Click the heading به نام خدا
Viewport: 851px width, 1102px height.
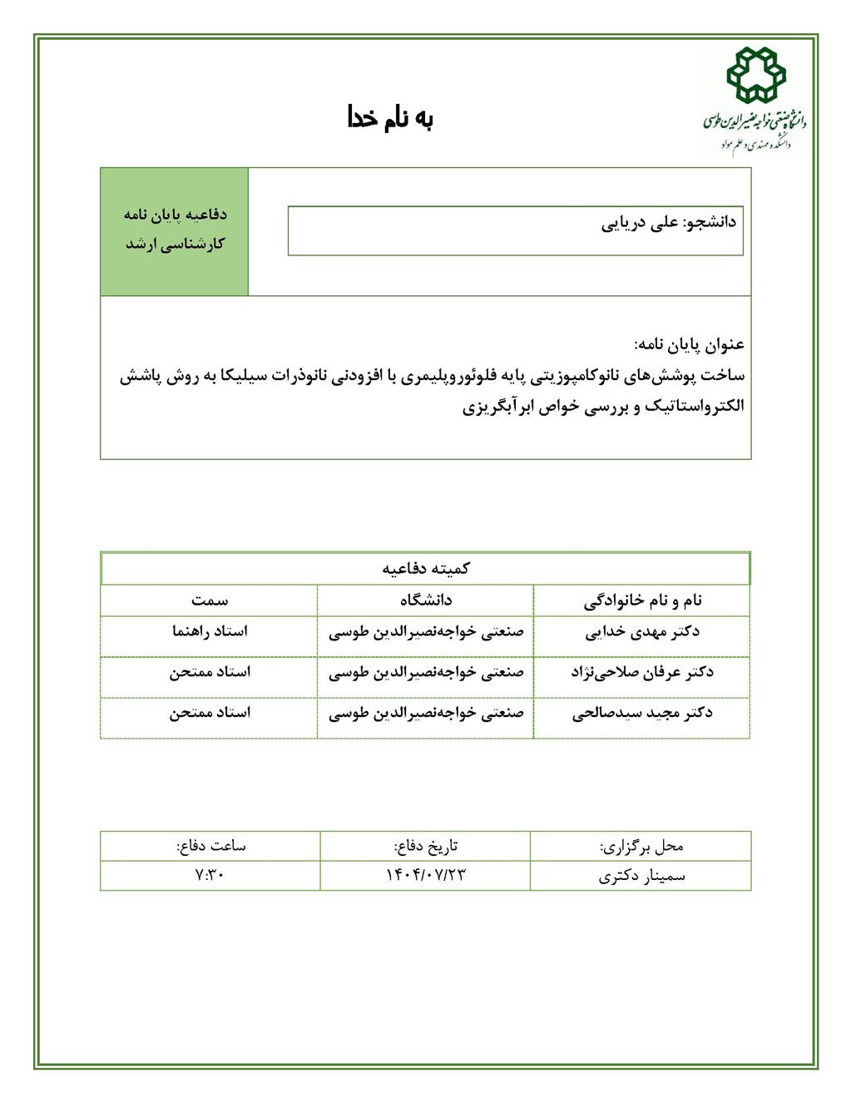[390, 119]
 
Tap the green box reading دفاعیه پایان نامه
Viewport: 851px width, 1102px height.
[175, 230]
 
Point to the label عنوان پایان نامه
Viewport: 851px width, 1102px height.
[689, 344]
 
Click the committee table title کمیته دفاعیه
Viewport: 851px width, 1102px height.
[426, 569]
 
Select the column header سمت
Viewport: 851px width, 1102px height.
[210, 600]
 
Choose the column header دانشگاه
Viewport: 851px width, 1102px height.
[426, 600]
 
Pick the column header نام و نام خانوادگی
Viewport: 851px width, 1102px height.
[642, 600]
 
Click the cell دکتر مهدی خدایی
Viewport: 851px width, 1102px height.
[642, 631]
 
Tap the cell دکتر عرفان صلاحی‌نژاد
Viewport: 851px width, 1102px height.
[642, 672]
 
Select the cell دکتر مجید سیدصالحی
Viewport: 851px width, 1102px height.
[642, 713]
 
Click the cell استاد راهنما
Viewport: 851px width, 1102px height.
[210, 631]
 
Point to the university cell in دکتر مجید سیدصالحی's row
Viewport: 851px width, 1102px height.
[426, 713]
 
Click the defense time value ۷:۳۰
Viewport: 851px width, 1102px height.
[210, 875]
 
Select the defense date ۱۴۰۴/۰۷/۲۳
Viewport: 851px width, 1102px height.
[426, 875]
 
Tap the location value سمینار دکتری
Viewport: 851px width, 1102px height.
[641, 875]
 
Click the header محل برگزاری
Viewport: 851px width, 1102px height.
[641, 847]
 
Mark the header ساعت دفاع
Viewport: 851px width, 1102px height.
[210, 847]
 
